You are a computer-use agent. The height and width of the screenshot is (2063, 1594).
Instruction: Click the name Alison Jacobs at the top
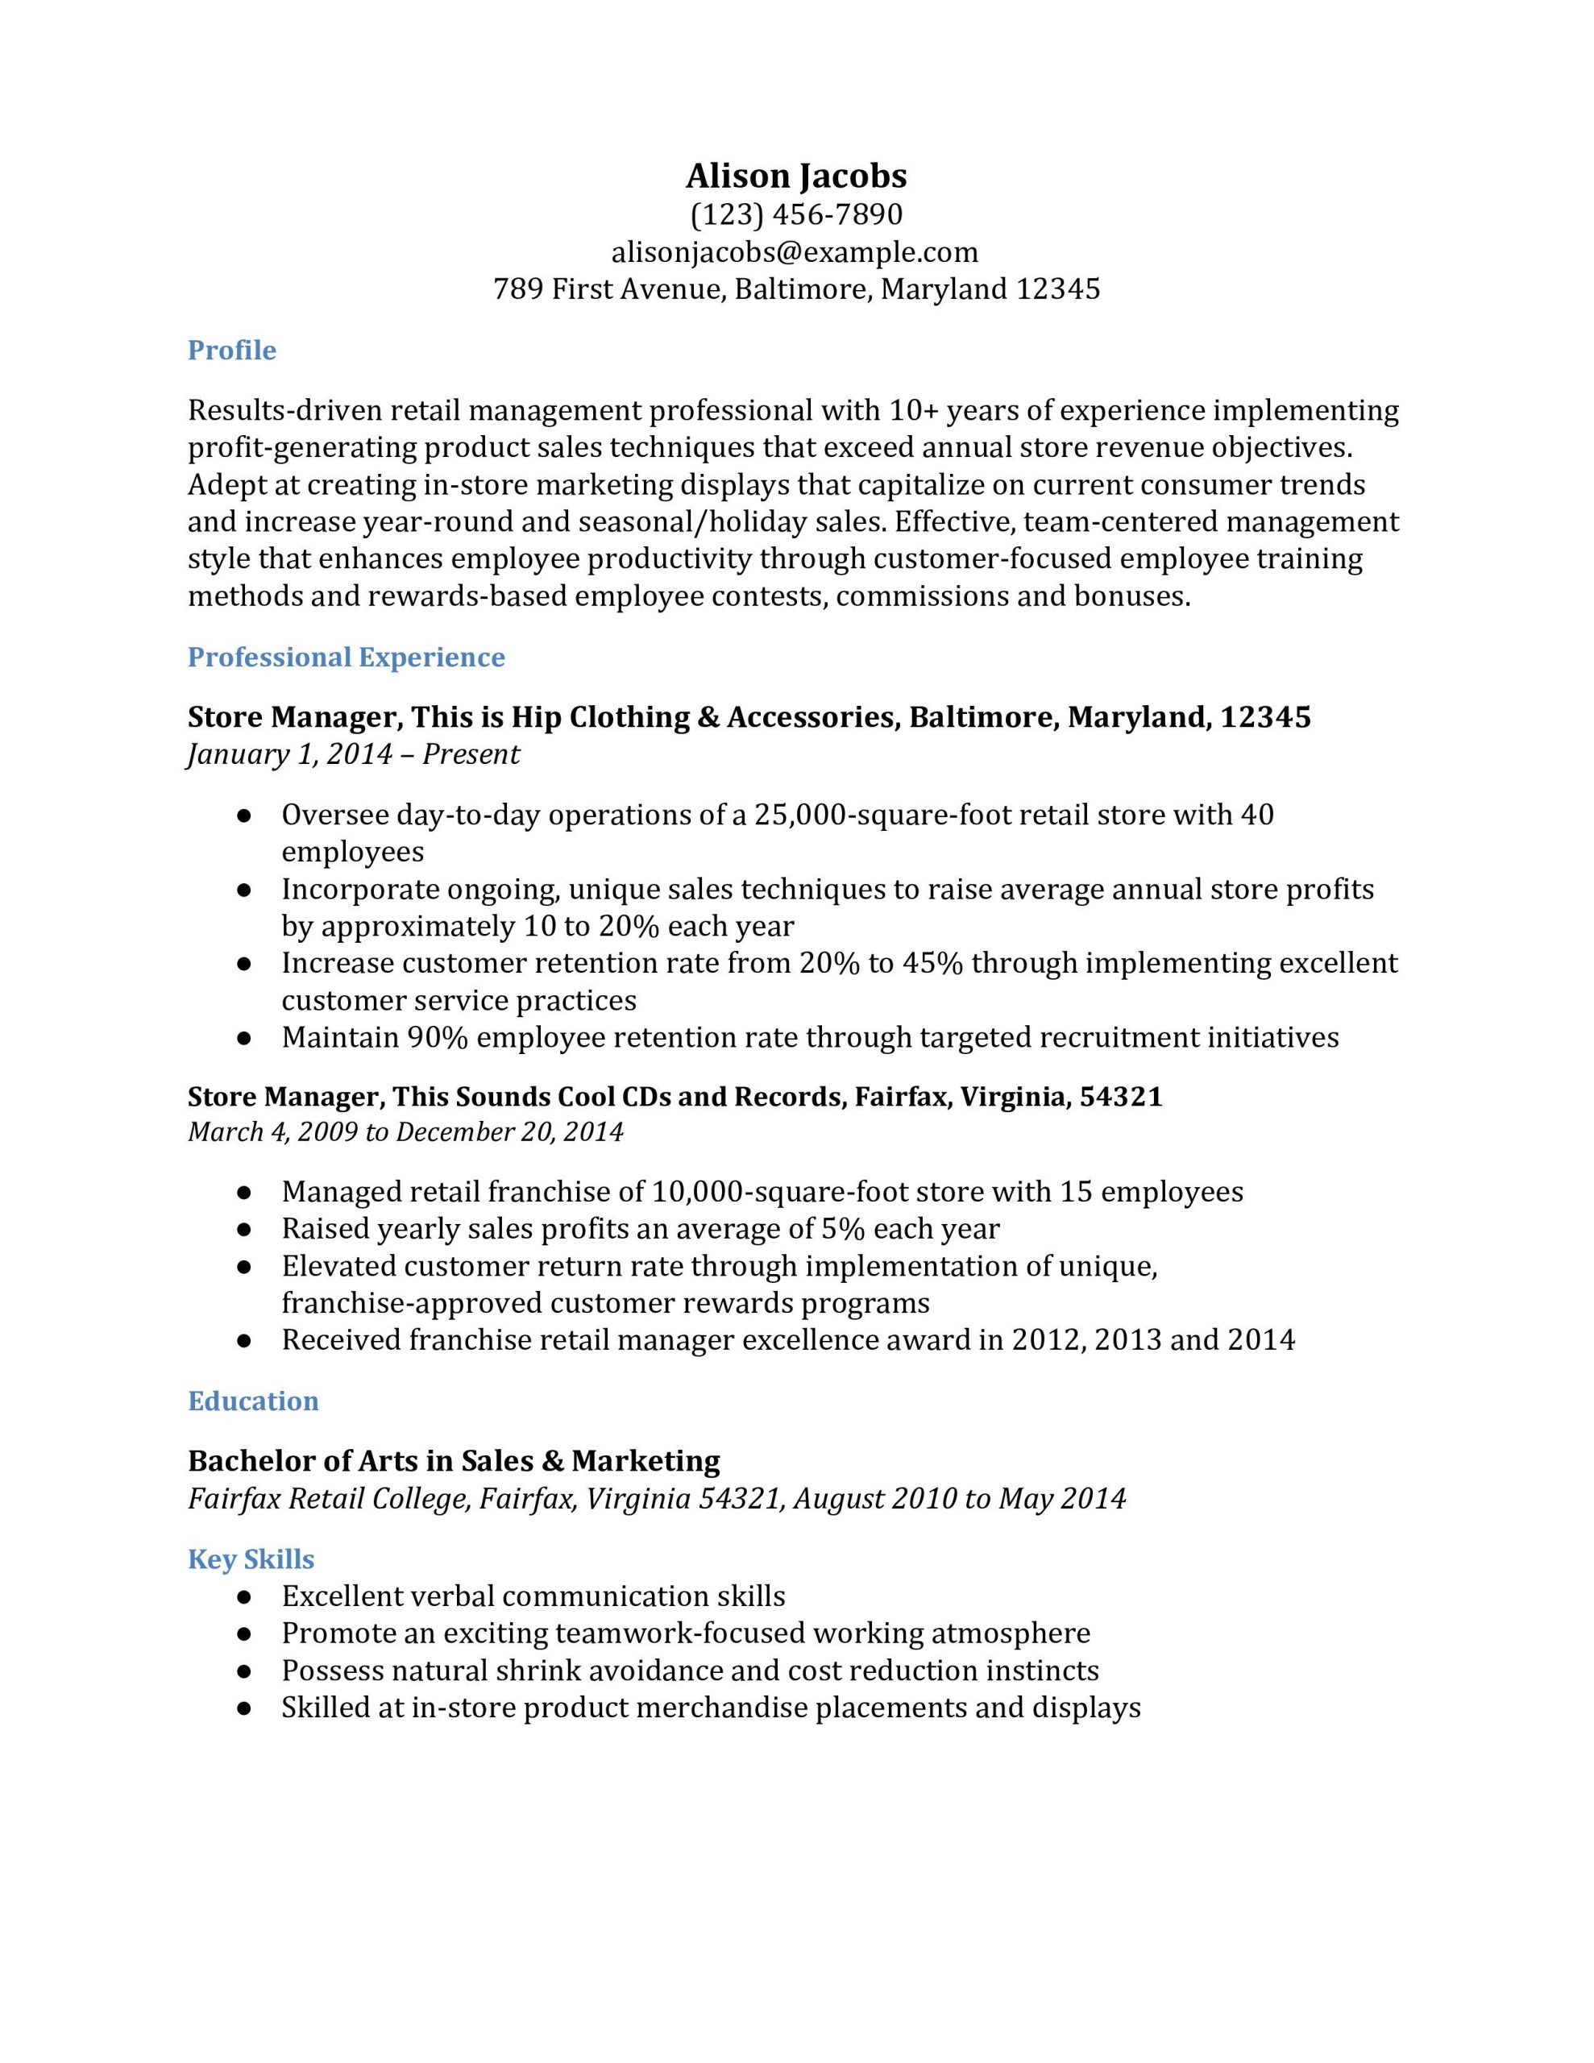pos(795,176)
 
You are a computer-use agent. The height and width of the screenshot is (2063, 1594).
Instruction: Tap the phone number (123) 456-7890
pos(795,215)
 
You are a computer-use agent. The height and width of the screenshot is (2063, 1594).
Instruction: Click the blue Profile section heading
pos(231,351)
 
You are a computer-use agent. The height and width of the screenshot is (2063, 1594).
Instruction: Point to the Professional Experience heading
pos(346,658)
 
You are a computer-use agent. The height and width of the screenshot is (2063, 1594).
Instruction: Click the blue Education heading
pos(253,1401)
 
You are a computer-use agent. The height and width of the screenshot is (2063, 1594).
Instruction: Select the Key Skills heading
pos(251,1559)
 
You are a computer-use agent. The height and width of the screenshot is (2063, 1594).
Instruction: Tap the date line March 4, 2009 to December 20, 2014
pos(405,1131)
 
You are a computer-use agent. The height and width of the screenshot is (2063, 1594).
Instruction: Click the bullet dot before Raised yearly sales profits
pos(244,1230)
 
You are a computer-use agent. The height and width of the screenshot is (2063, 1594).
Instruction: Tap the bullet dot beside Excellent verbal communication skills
pos(244,1597)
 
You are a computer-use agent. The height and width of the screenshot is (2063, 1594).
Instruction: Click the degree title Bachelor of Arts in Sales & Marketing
pos(454,1461)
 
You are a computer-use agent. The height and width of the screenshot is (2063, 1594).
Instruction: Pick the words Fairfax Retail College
pos(329,1499)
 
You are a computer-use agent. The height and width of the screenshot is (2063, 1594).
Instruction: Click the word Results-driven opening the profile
pos(284,411)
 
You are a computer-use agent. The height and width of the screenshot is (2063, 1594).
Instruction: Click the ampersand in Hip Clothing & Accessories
pos(708,718)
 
